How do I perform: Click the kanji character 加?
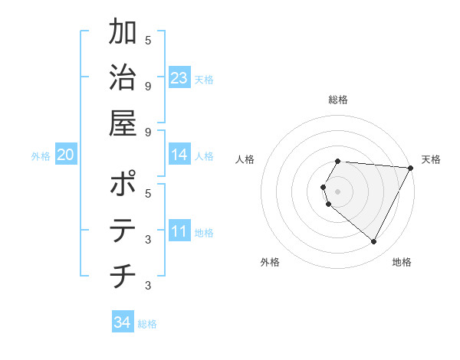click(123, 33)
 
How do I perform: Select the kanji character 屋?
click(123, 122)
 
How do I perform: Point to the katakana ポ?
click(123, 185)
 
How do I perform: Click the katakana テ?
click(123, 230)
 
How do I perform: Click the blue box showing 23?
click(179, 78)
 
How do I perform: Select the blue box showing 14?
click(179, 155)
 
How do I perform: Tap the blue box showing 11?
click(179, 232)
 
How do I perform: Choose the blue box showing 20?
click(66, 155)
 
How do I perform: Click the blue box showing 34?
click(122, 322)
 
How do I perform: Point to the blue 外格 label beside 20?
click(41, 155)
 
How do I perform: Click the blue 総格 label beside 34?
click(147, 323)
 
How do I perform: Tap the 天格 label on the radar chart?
click(431, 159)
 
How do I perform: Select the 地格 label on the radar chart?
click(402, 262)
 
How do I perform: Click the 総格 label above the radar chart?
click(338, 100)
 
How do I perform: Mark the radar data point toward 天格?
click(411, 167)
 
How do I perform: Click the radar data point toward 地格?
click(374, 242)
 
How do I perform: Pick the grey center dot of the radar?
click(338, 191)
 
